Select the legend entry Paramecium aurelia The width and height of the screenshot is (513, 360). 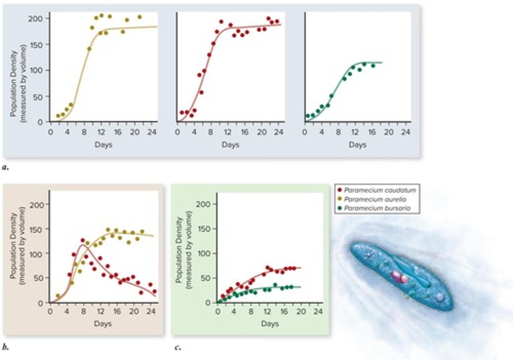tap(375, 199)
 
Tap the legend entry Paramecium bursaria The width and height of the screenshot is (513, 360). tap(377, 208)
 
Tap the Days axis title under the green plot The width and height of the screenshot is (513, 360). tap(357, 145)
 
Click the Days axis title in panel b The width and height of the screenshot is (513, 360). tap(103, 324)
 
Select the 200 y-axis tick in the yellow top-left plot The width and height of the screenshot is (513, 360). tap(36, 19)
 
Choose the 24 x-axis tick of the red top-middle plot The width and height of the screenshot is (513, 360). tap(279, 132)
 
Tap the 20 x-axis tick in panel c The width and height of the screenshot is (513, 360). tap(301, 312)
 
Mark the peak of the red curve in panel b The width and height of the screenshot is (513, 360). tap(83, 245)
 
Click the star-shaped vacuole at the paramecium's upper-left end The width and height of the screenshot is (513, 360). tap(368, 255)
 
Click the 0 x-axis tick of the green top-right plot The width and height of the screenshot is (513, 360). tap(305, 132)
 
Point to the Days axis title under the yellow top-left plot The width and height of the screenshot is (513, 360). tap(103, 145)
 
